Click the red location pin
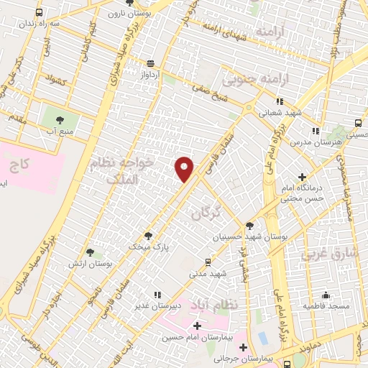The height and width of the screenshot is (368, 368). (185, 169)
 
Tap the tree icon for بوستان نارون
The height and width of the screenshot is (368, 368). (131, 3)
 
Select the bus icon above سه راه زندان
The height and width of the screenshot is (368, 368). (38, 12)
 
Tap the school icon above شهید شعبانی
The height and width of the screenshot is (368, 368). (280, 101)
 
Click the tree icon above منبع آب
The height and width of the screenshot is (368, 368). (59, 121)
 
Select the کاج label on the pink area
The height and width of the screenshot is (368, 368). (20, 165)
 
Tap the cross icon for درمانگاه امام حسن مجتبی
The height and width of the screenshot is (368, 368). (302, 177)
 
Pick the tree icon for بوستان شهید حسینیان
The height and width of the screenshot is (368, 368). (249, 226)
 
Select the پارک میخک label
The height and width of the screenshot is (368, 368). (149, 246)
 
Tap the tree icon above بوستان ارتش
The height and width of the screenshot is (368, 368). (90, 252)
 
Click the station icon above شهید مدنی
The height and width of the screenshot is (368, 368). (208, 262)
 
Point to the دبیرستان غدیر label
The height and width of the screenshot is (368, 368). (157, 306)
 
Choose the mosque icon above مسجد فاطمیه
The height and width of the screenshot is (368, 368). (326, 295)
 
